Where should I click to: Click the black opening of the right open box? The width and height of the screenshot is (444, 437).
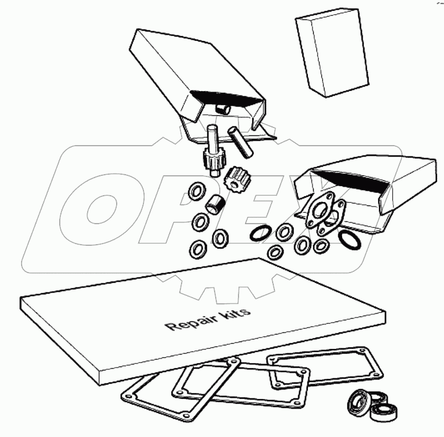(350, 180)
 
